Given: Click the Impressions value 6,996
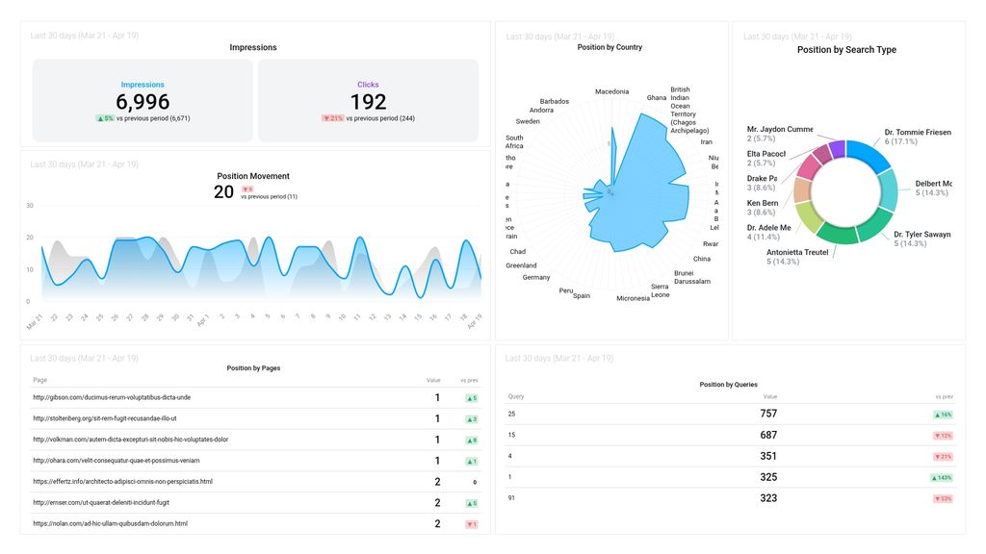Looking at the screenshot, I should coord(143,102).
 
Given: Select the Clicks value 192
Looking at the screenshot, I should coord(368,102).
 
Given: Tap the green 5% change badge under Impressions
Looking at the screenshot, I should coord(105,118).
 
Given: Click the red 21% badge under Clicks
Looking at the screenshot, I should coord(332,118).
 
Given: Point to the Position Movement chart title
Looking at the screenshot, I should coord(253,176).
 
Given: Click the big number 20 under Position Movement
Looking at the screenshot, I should coord(223,192).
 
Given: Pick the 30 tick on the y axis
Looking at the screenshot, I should coord(30,206).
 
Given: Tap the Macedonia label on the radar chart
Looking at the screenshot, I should coord(611,92).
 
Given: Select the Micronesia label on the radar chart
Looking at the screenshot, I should coord(633,298).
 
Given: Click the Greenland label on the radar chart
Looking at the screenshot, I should coord(521,265).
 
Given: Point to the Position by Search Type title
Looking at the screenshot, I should coord(848,50).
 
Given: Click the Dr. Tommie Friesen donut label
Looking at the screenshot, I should coord(918,132).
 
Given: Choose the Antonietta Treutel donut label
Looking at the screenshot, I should coord(797,252).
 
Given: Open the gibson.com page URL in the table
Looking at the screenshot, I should coord(112,397).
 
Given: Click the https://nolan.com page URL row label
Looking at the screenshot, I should coord(110,524).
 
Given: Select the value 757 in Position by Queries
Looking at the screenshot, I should coord(768,415).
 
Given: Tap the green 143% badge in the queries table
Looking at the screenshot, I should coord(943,478).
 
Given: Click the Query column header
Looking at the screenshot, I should coord(516,396).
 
